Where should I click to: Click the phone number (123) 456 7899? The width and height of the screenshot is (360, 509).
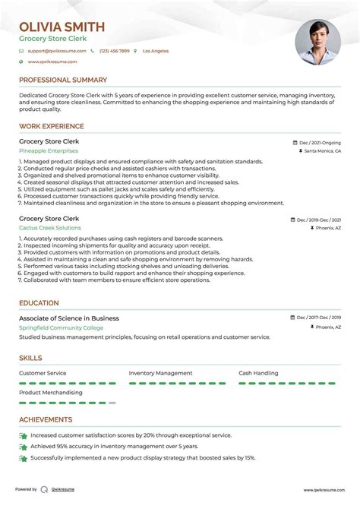(114, 51)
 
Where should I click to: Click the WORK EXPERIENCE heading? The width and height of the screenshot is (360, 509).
(52, 125)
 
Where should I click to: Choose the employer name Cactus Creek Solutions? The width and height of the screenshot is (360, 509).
(50, 228)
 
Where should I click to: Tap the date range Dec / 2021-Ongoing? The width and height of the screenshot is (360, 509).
(320, 142)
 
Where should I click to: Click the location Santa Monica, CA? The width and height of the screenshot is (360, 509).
(322, 151)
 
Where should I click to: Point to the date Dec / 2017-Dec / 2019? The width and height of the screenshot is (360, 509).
(319, 318)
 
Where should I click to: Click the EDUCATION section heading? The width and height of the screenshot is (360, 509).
(39, 302)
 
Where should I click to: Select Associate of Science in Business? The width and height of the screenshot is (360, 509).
(69, 318)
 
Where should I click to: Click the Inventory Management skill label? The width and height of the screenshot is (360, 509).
(160, 373)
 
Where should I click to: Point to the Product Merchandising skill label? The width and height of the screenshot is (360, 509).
(51, 393)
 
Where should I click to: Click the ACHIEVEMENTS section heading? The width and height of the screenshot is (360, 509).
(46, 419)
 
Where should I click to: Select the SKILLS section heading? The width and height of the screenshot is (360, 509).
(31, 358)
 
